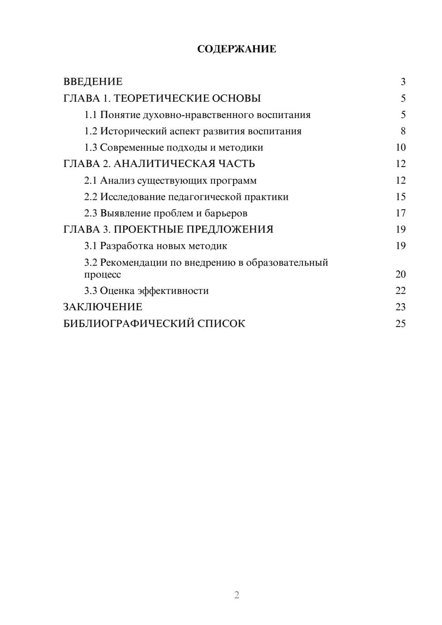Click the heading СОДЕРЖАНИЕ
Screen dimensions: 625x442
click(236, 49)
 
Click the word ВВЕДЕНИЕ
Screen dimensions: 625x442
click(93, 82)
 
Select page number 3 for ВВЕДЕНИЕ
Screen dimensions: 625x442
click(403, 82)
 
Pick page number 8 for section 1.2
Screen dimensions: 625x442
click(403, 131)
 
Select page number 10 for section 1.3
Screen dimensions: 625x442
click(400, 148)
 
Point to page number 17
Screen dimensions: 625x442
click(400, 213)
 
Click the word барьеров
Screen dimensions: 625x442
click(226, 213)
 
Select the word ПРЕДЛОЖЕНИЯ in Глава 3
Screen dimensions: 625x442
click(230, 229)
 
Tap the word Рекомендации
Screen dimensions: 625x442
click(133, 263)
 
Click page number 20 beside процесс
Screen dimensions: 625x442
click(400, 274)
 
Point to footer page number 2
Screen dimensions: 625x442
click(236, 595)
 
